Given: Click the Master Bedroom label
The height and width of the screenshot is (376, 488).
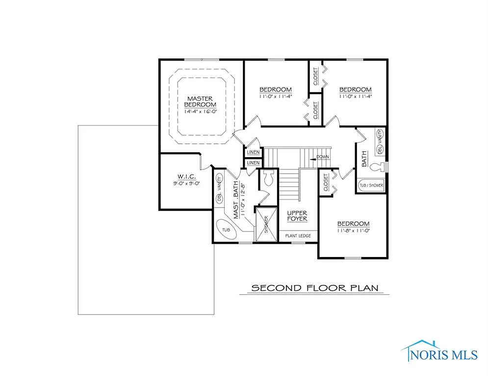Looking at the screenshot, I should pos(200,101).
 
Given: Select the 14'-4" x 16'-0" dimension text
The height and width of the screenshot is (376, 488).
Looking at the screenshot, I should pos(200,112).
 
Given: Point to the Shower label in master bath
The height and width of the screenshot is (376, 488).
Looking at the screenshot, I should pos(266,225).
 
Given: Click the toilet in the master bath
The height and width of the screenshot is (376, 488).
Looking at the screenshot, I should pos(269,179).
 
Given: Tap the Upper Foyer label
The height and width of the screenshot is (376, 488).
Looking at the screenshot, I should pos(297,216).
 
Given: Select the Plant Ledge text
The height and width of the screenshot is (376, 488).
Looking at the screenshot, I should pos(298,236).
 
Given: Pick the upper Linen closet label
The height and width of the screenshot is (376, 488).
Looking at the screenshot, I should pos(253,152).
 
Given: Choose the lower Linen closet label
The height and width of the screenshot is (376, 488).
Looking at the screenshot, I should pos(253,163).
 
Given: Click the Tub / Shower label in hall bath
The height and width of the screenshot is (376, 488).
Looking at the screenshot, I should pos(371,186).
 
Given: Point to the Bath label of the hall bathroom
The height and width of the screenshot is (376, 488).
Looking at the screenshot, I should pos(364,160).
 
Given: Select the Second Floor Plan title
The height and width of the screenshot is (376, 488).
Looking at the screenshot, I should pos(315,288).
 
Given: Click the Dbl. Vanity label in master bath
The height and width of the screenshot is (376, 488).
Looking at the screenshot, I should pos(219,189).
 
